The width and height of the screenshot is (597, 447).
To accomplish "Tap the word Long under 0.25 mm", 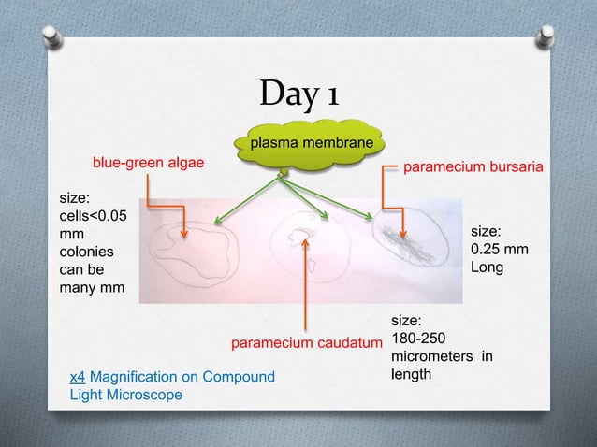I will click(487, 267).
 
